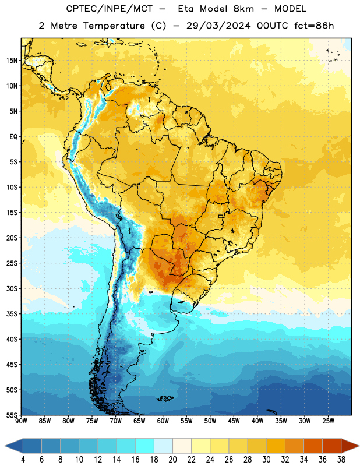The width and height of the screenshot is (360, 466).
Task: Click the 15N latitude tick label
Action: click(x=12, y=61)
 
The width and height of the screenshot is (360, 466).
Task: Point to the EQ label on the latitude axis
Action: click(x=13, y=137)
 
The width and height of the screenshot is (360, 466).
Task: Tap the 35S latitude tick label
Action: click(x=12, y=314)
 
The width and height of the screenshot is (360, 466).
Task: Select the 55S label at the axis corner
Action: click(x=12, y=415)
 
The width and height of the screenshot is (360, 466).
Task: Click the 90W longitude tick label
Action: click(x=21, y=421)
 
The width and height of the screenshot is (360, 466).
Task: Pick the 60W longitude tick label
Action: click(x=163, y=421)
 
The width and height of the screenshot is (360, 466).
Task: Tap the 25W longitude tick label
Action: click(x=328, y=421)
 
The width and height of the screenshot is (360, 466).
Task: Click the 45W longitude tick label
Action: click(x=234, y=421)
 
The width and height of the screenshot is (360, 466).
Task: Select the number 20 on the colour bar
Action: click(x=172, y=460)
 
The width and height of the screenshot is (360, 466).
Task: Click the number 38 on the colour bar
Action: click(x=341, y=460)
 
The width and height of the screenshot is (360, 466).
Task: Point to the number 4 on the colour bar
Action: click(x=23, y=460)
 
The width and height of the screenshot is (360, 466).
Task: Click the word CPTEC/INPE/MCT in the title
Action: click(x=110, y=9)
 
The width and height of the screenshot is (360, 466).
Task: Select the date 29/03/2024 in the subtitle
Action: click(x=218, y=26)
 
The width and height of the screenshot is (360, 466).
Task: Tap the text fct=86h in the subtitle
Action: click(x=314, y=26)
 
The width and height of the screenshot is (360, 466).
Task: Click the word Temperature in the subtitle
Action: click(x=114, y=26)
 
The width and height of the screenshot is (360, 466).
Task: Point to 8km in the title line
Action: click(x=243, y=9)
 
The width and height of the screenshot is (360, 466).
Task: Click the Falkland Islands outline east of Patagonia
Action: click(x=165, y=398)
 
